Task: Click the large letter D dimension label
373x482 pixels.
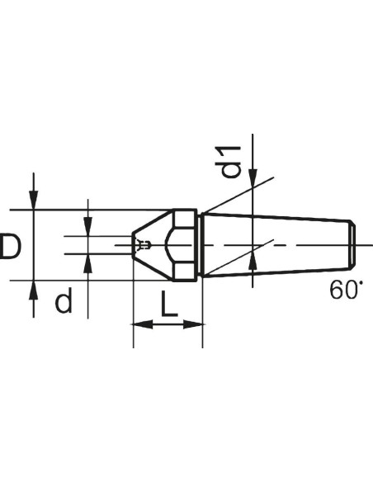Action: tap(11, 246)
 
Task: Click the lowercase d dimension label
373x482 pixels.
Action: tap(64, 300)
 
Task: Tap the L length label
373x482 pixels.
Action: tap(169, 304)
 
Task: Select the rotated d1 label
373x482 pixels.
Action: tap(228, 163)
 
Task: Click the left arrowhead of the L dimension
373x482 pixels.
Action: tap(142, 324)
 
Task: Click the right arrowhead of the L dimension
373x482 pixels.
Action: tap(193, 324)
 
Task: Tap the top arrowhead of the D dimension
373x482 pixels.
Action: tap(34, 200)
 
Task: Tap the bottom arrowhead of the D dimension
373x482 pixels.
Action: tap(34, 290)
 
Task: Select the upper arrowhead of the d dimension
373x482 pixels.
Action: tap(88, 226)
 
